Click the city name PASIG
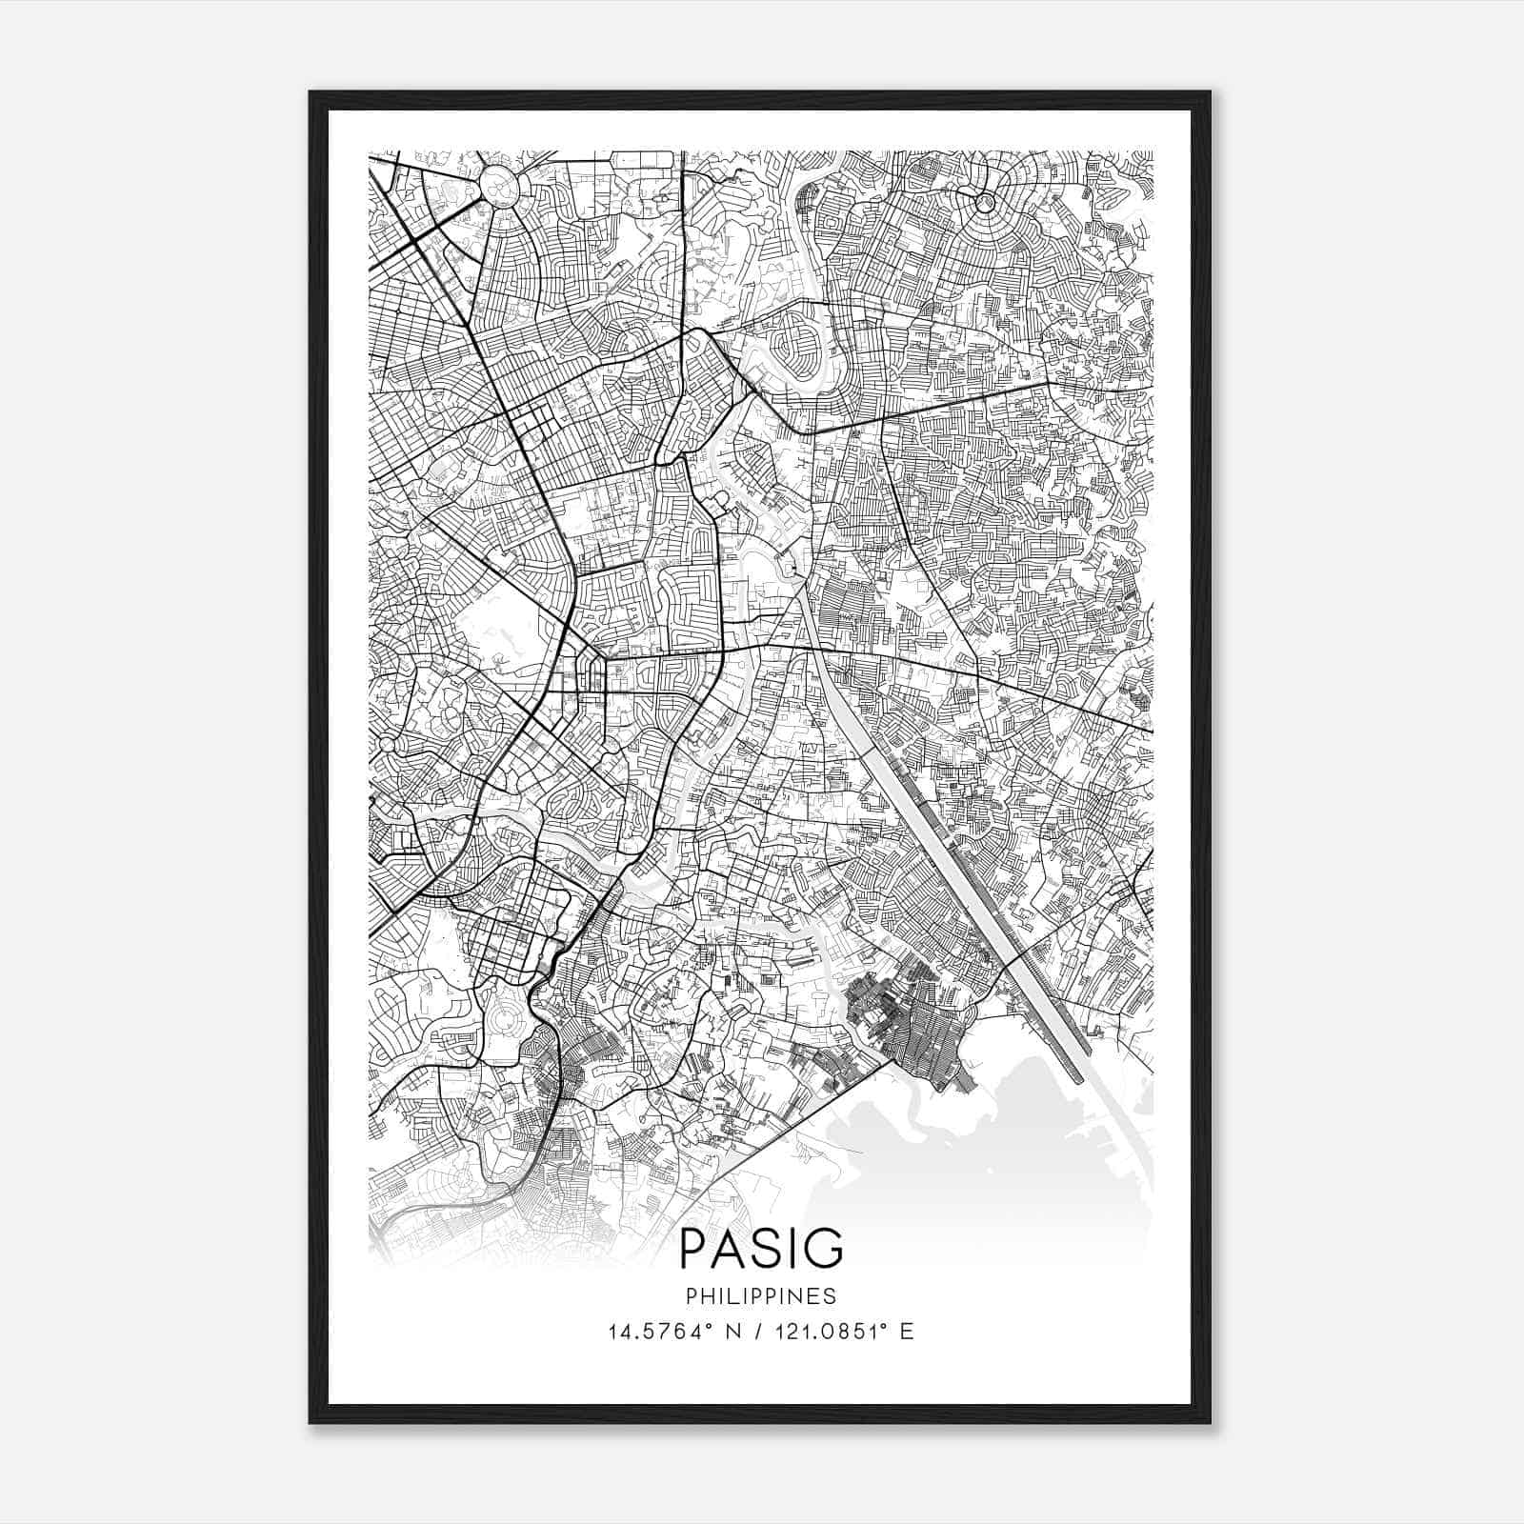coord(761,1249)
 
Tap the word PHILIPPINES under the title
coord(761,1296)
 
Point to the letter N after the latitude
coord(732,1332)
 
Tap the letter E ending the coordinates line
coord(906,1332)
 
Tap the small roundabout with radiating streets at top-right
coord(985,202)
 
